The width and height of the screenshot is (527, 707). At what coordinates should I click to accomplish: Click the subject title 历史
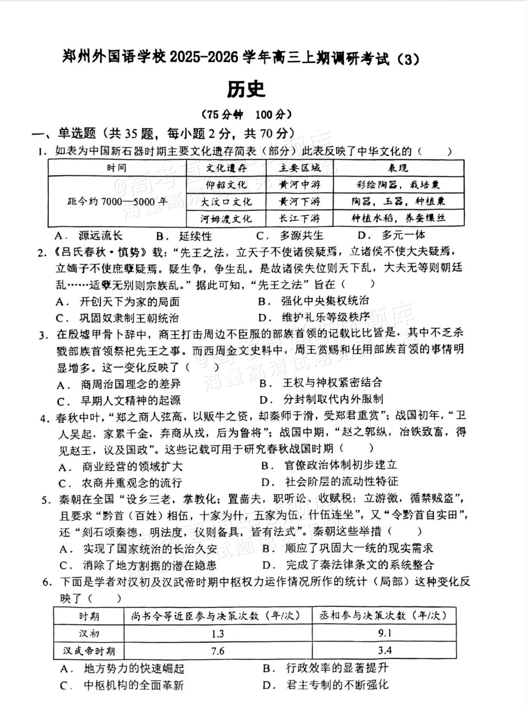pos(246,90)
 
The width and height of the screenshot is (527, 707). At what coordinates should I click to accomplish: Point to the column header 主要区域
pos(300,168)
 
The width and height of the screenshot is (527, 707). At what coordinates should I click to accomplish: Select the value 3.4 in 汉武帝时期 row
pos(384,650)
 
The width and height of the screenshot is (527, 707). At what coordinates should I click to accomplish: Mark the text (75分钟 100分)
pos(247,114)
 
